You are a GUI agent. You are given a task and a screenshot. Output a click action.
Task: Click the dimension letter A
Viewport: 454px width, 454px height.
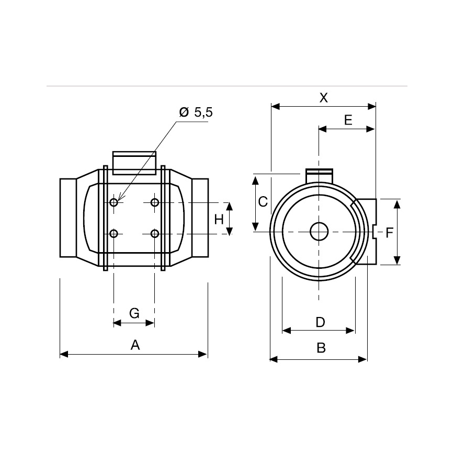point(135,345)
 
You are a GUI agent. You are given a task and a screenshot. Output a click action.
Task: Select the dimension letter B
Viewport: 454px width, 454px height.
point(321,348)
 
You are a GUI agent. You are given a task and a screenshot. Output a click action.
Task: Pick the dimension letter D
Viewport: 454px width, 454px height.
point(320,322)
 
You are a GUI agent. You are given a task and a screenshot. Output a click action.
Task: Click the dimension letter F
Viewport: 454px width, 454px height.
point(389,233)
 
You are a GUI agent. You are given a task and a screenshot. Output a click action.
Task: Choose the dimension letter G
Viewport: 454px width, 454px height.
point(134,313)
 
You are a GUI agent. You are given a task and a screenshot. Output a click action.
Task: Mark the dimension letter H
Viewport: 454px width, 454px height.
point(219,219)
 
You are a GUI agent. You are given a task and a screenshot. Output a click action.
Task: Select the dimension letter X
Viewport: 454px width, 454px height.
point(324,98)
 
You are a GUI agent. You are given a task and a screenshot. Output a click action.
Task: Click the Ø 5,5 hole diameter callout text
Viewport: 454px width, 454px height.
point(196,112)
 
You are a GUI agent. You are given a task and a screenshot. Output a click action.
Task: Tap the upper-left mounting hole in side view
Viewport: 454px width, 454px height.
point(114,202)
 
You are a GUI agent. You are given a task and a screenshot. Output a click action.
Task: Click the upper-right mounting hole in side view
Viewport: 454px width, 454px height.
point(154,202)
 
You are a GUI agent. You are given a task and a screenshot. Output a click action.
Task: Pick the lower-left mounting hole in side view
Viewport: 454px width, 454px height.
point(114,233)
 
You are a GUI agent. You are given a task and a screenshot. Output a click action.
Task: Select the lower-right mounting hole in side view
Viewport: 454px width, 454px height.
point(154,233)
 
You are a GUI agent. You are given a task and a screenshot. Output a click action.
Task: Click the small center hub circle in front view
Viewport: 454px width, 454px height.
point(319,231)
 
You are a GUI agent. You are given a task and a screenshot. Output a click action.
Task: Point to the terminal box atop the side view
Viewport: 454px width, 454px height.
point(134,163)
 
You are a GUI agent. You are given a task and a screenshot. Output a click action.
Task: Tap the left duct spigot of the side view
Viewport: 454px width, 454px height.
point(69,218)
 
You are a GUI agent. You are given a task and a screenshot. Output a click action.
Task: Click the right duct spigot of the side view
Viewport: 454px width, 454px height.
point(200,218)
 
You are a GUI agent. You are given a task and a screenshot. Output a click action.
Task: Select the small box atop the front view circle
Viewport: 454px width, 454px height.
point(319,174)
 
